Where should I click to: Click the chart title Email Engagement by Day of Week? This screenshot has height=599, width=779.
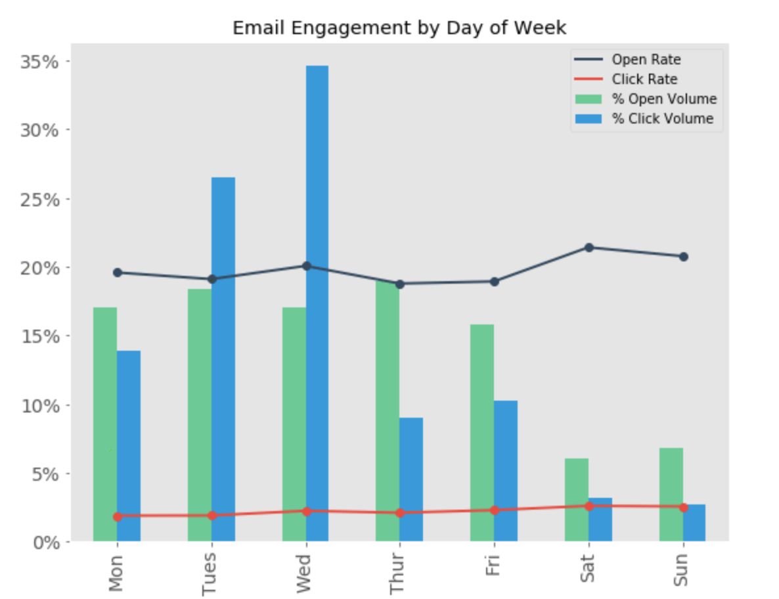(399, 28)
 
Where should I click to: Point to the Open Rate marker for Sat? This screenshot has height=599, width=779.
(589, 248)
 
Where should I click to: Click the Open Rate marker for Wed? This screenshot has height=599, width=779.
(306, 266)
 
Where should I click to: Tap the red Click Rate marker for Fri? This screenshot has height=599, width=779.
(495, 510)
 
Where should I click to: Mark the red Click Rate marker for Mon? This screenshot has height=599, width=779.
(118, 516)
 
